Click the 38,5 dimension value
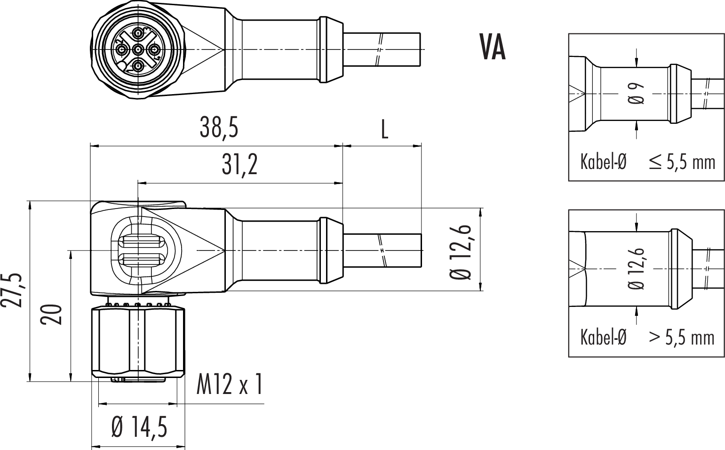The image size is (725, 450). point(218,128)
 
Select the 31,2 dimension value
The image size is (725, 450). point(240,165)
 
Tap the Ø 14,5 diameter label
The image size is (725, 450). point(139,427)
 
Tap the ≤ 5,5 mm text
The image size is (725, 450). point(682,162)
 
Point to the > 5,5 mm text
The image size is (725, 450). point(682,337)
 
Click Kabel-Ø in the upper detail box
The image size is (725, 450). point(603,162)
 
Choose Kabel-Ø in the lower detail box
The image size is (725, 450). point(603,337)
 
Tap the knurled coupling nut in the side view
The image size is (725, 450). point(138,341)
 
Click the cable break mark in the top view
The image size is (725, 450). point(379,49)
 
